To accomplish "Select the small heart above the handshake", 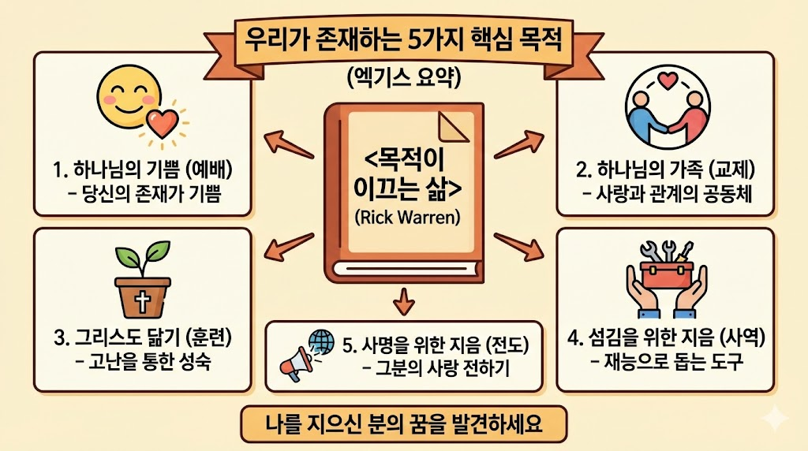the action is [x=668, y=80].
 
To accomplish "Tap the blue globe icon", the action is [x=321, y=341].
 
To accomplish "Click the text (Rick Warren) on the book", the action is [x=403, y=218].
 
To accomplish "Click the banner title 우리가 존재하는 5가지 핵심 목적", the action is [x=403, y=39].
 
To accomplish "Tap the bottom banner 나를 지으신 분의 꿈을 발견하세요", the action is [x=403, y=427].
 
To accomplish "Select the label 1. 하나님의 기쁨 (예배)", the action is [x=138, y=169].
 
